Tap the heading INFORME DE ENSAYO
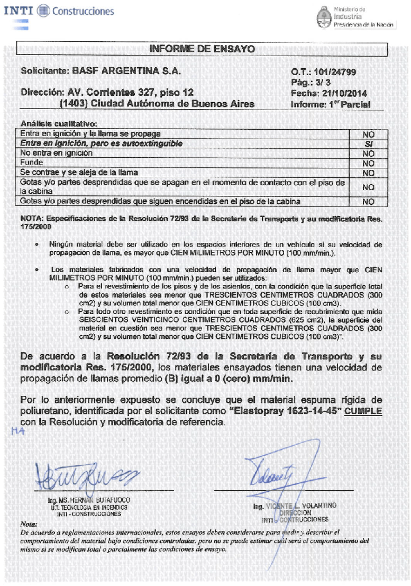coord(202,49)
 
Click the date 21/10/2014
coord(347,93)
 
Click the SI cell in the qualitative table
coord(368,143)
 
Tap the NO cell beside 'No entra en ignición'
coord(368,153)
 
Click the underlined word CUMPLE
coord(363,411)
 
